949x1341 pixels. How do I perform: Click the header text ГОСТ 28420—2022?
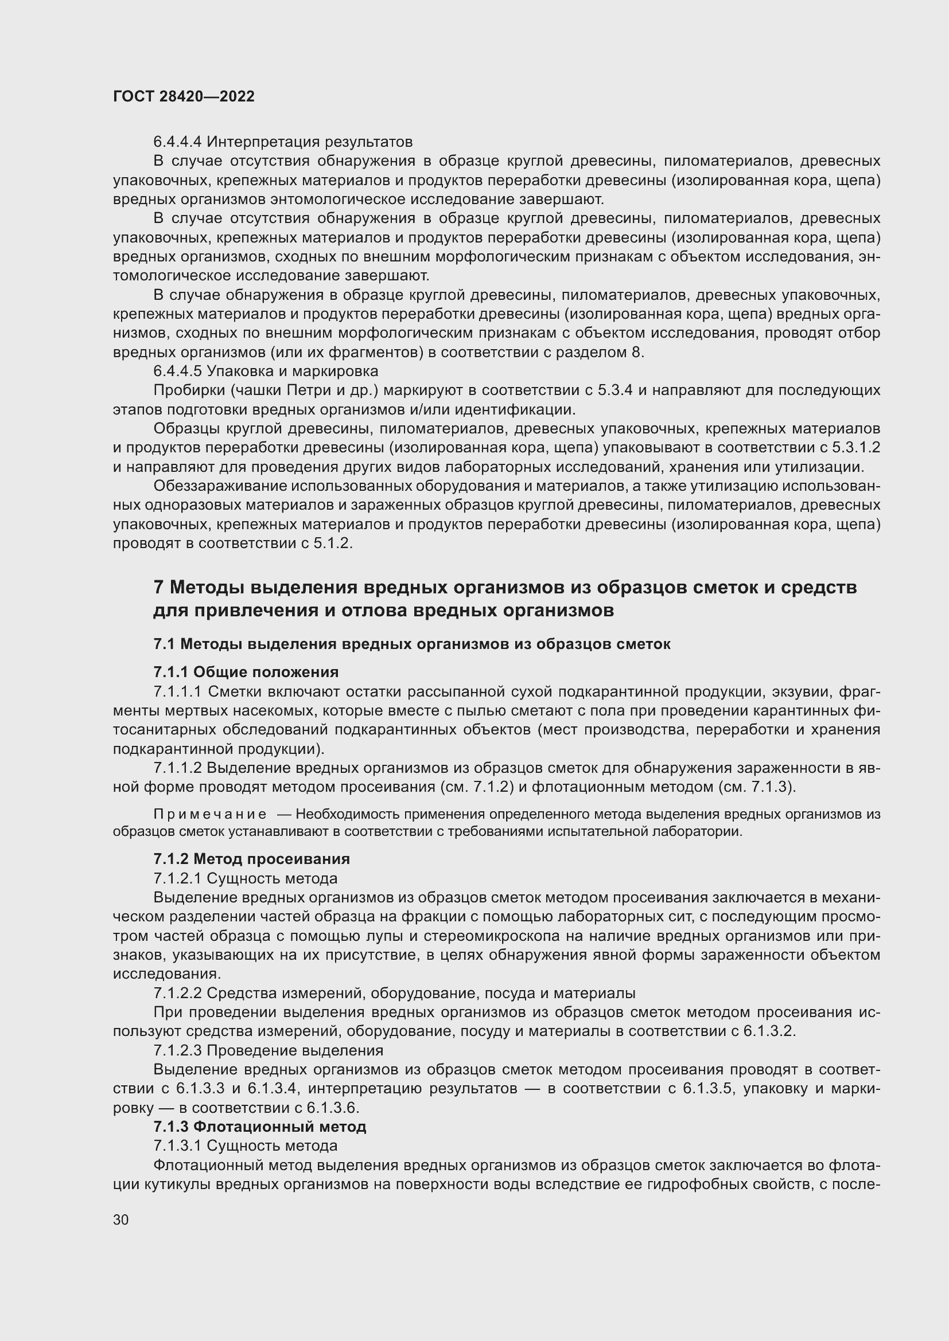click(184, 96)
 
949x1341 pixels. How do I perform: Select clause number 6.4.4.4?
click(178, 142)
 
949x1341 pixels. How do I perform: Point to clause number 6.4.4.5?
click(178, 372)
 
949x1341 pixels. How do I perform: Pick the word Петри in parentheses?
click(312, 391)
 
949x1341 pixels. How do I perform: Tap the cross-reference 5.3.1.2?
click(855, 448)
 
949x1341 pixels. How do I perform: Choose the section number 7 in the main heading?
click(158, 587)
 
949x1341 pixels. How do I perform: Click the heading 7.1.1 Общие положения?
click(246, 672)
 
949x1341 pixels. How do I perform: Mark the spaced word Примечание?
click(210, 815)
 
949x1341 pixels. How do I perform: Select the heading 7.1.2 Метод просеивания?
click(251, 859)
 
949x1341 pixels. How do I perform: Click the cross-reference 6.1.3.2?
click(769, 1031)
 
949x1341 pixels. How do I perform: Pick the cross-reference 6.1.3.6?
click(333, 1108)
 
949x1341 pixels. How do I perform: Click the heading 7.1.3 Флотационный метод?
click(259, 1127)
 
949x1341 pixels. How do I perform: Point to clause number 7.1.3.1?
click(178, 1146)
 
